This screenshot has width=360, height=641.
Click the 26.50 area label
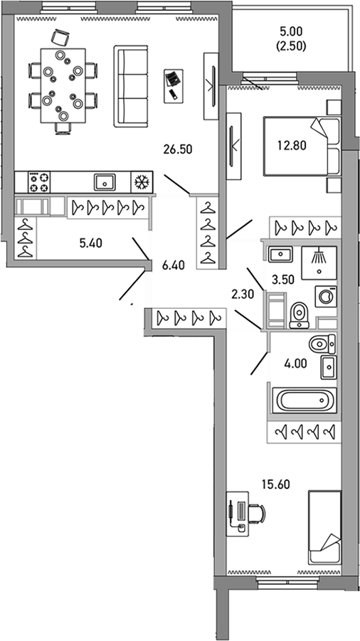point(178,149)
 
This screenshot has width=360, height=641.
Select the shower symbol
point(318,259)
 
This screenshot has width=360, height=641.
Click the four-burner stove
point(39,182)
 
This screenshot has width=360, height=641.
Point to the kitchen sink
point(105,182)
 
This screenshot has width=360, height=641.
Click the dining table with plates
point(61,84)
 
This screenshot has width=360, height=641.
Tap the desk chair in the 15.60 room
point(258,512)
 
